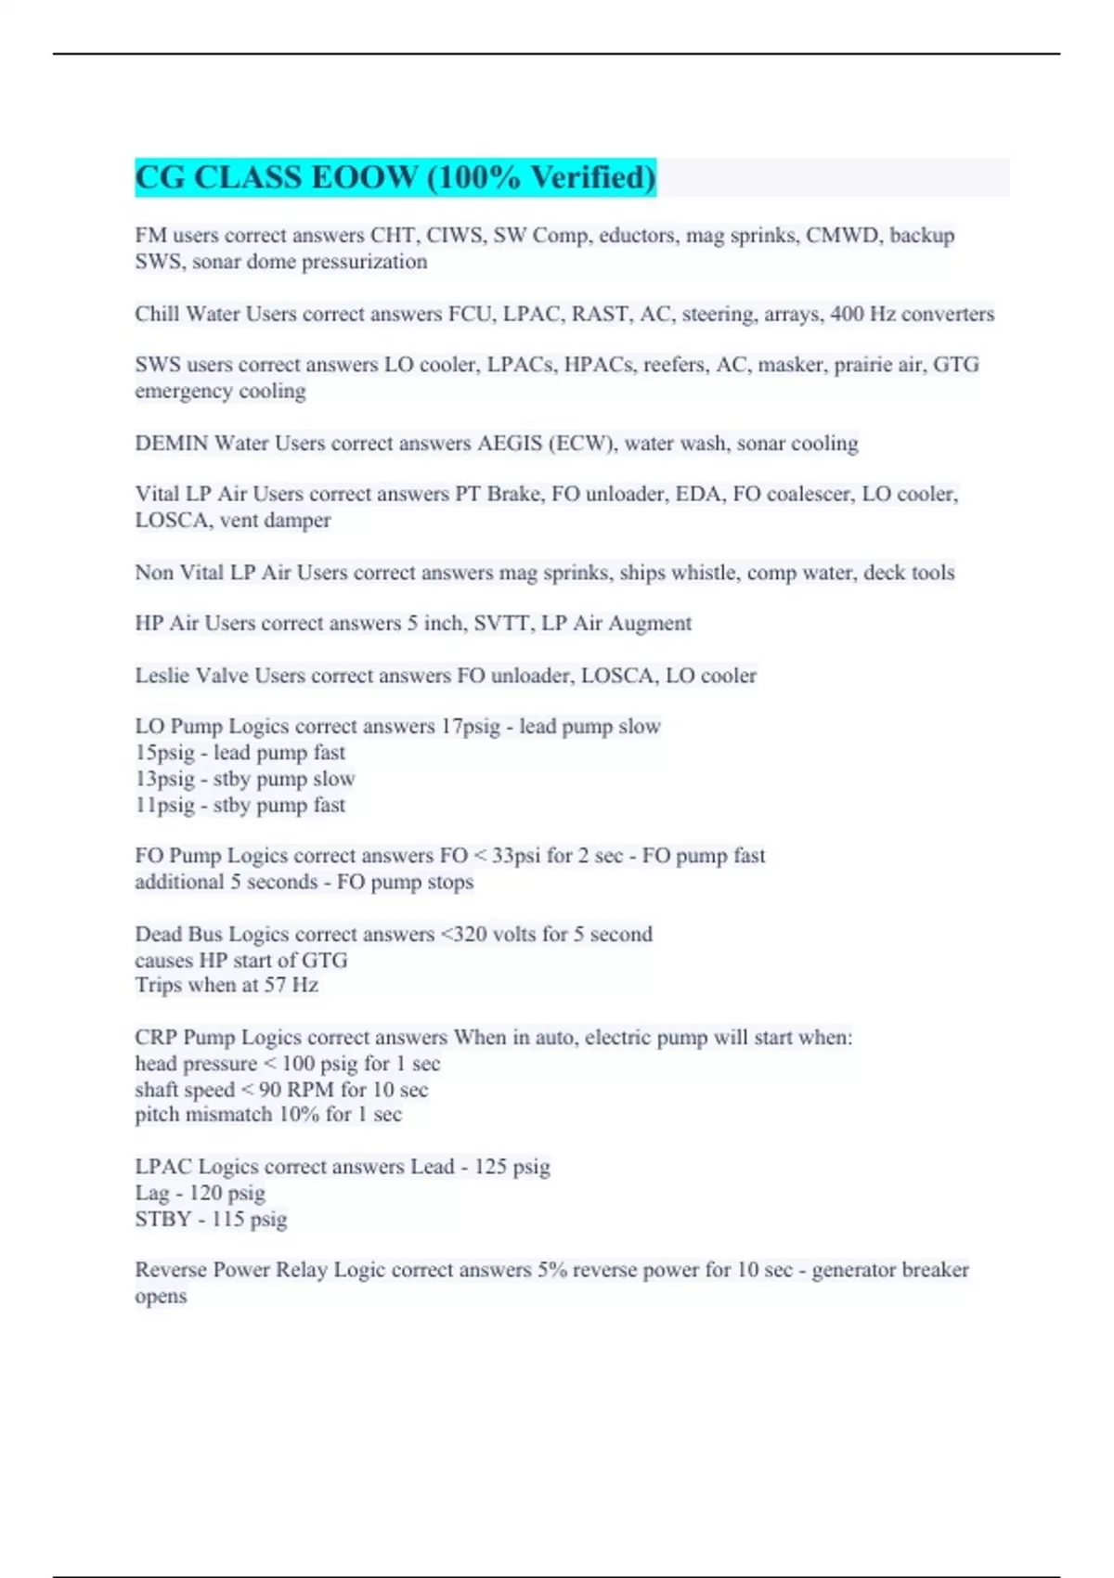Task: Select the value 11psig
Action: tap(164, 805)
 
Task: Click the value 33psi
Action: tap(515, 855)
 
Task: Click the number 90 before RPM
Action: tap(270, 1089)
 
